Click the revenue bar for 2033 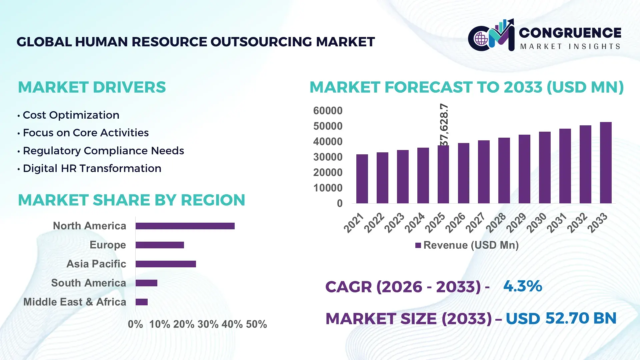(x=606, y=163)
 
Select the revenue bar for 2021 (x=362, y=179)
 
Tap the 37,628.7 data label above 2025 (x=444, y=125)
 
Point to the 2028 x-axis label (x=496, y=223)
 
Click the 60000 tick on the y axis (x=328, y=111)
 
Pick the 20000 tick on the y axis (x=328, y=172)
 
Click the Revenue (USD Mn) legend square (x=418, y=245)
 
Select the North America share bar (x=185, y=226)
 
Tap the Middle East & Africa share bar (x=142, y=302)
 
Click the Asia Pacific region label (x=96, y=264)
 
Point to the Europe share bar (x=160, y=245)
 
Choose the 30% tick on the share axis (x=208, y=324)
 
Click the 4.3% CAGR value (x=523, y=286)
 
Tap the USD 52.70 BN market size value (x=561, y=318)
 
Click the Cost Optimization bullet (x=71, y=115)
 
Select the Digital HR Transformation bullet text (x=92, y=168)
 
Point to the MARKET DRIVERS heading (x=92, y=87)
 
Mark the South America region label (x=88, y=283)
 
